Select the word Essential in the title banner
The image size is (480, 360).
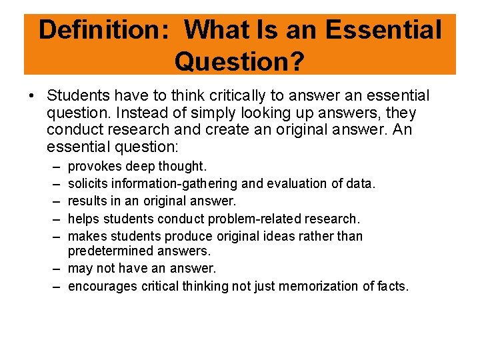[384, 30]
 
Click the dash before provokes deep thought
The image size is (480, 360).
[53, 166]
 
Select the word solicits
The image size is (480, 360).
[89, 183]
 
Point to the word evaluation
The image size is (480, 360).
[291, 183]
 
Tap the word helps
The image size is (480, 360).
[84, 218]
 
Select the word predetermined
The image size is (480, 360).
[112, 251]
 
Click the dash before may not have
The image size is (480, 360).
[53, 269]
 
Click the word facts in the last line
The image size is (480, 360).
[393, 286]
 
